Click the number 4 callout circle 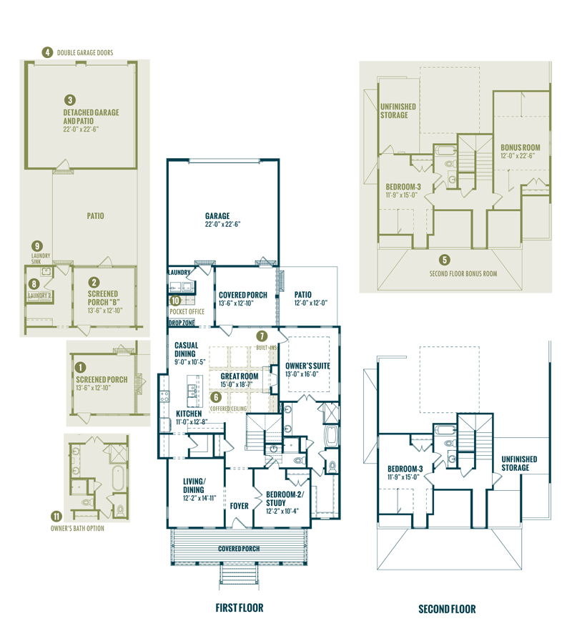pyautogui.click(x=47, y=52)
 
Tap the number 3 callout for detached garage pyautogui.click(x=70, y=100)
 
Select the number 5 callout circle pyautogui.click(x=445, y=260)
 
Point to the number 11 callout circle pyautogui.click(x=56, y=515)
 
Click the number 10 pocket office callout pyautogui.click(x=176, y=301)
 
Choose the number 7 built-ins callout pyautogui.click(x=262, y=336)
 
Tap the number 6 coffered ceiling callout pyautogui.click(x=214, y=396)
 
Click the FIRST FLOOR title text pyautogui.click(x=240, y=608)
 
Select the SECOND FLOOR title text pyautogui.click(x=447, y=609)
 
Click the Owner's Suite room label pyautogui.click(x=307, y=366)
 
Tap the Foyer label pyautogui.click(x=239, y=506)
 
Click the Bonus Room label pyautogui.click(x=520, y=147)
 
